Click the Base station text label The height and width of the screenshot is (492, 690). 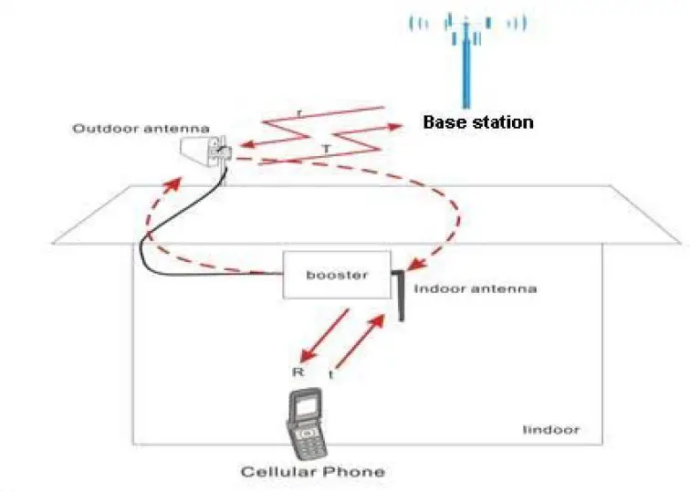477,121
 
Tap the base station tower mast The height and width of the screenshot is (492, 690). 466,68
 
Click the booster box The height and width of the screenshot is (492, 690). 338,274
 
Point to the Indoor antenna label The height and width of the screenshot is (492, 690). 475,288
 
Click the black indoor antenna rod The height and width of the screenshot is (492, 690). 400,292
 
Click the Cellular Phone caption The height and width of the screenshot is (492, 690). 311,472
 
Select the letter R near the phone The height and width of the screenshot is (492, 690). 295,372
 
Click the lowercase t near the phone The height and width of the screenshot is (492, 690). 330,374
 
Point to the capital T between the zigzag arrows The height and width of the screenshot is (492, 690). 326,147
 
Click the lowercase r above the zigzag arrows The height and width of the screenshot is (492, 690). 299,113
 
